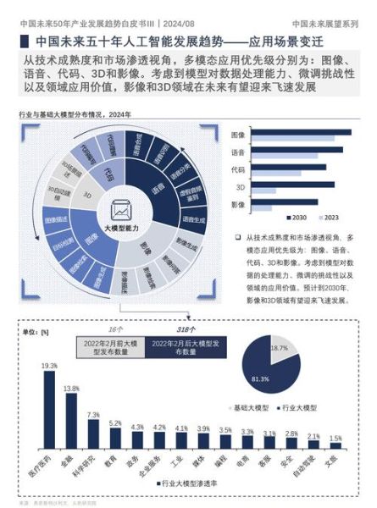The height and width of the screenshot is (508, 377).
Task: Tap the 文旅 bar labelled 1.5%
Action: [x=335, y=456]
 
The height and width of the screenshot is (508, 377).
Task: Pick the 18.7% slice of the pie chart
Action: [x=278, y=347]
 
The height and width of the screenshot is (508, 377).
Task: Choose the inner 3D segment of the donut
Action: [x=88, y=195]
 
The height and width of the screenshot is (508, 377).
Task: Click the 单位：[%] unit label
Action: [x=34, y=331]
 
